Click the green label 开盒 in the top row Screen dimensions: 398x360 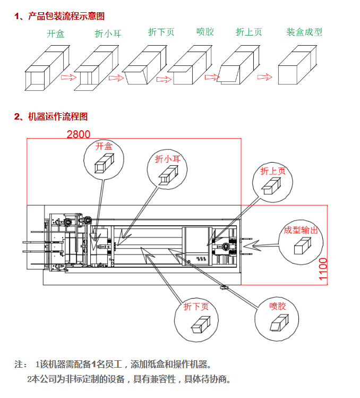(55, 33)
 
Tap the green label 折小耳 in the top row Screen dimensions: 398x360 (108, 33)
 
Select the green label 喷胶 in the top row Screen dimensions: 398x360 (204, 32)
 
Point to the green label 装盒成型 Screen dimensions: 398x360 (304, 32)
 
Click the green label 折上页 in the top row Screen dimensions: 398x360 (248, 32)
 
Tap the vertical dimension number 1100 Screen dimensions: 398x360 (323, 269)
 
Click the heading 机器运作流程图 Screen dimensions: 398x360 (57, 116)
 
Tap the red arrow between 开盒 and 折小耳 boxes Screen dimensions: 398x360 (67, 78)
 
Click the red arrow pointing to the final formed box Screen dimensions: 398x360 (264, 78)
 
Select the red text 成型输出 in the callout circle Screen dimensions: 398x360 (301, 230)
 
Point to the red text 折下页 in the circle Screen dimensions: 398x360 (196, 307)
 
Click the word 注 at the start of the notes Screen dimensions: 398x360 (20, 365)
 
